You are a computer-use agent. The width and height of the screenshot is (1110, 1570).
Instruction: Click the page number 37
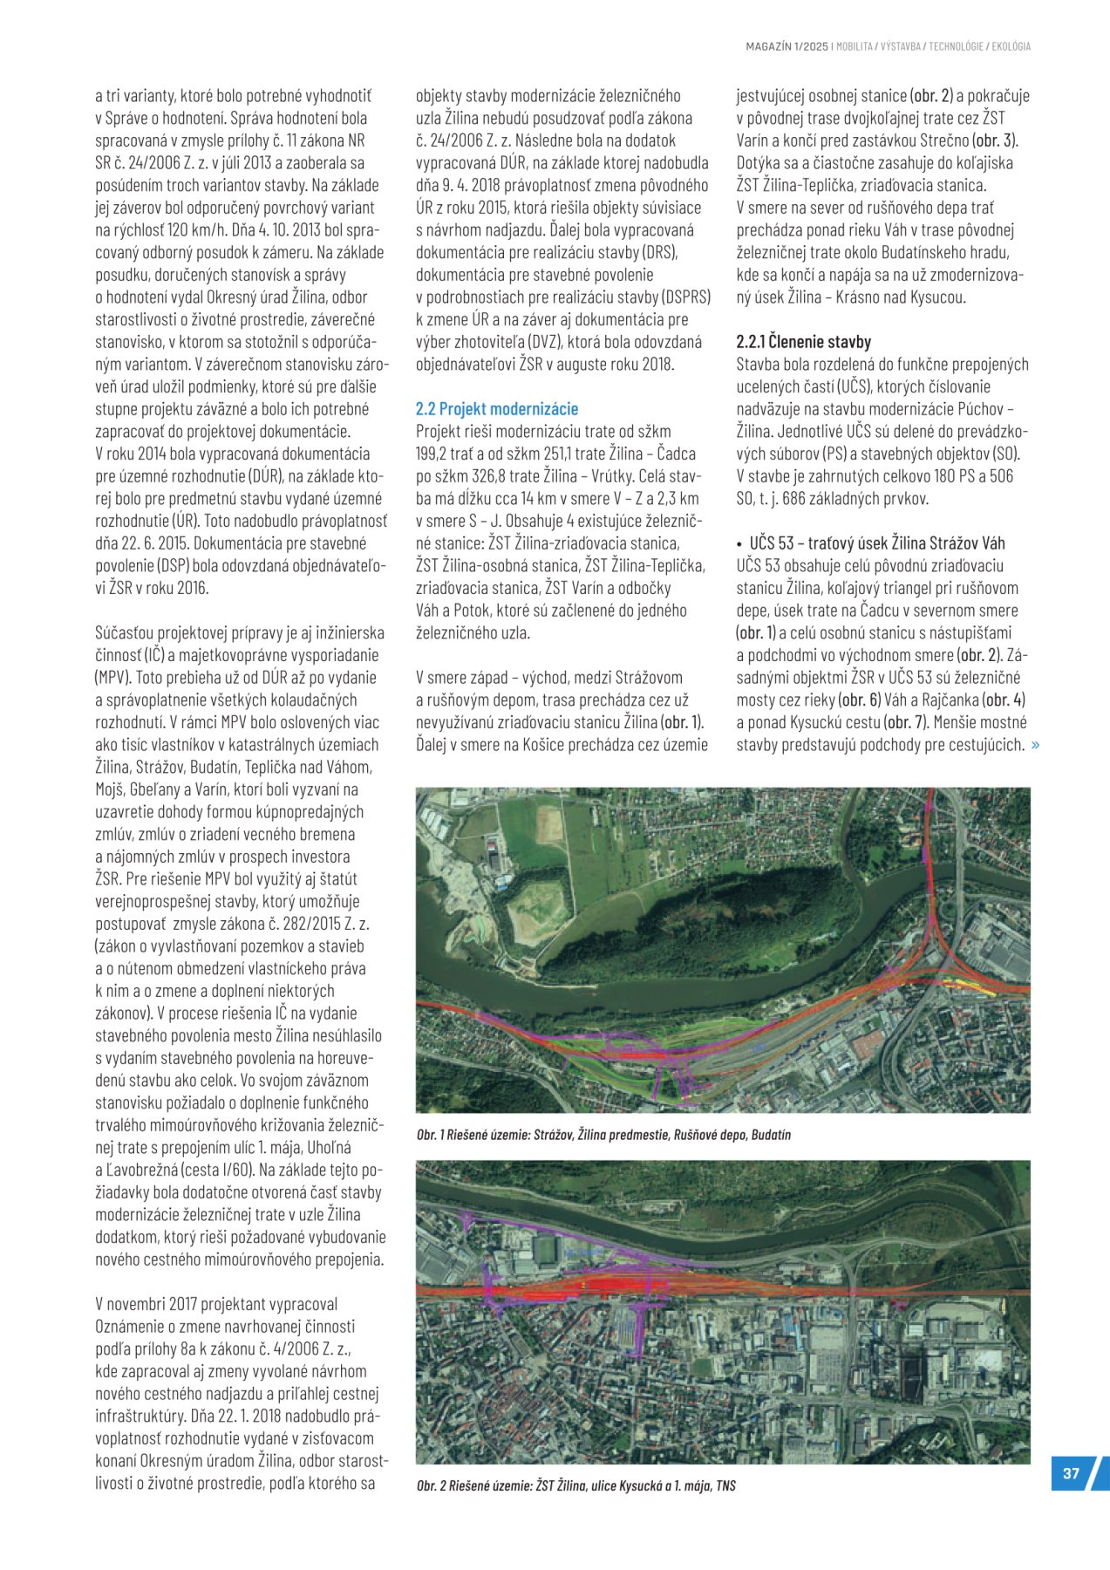tap(1071, 1473)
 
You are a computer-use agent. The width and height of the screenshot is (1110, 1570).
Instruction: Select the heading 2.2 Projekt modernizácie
tap(496, 408)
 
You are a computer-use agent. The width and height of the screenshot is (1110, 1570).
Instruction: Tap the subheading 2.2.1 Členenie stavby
tap(803, 342)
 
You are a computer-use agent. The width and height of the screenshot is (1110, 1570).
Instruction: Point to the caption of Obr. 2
tap(575, 1485)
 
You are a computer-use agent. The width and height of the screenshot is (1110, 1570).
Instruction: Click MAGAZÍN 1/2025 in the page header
tap(787, 46)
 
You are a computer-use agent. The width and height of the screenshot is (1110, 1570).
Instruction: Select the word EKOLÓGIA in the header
tap(1011, 46)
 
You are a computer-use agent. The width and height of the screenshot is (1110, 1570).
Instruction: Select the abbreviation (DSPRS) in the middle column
tap(685, 297)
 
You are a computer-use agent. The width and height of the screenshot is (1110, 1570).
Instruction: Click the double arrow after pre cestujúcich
tap(1035, 744)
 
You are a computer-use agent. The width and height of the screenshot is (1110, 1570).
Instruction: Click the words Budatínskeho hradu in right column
tap(945, 252)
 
